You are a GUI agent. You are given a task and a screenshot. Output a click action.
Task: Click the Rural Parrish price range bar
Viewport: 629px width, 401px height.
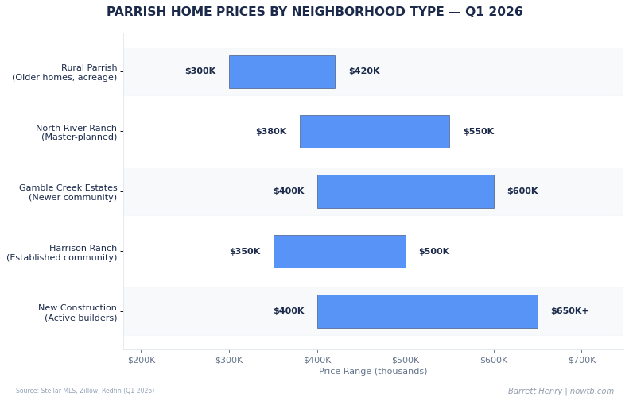pyautogui.click(x=281, y=71)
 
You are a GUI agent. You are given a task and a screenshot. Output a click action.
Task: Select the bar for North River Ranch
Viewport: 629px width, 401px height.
pyautogui.click(x=374, y=132)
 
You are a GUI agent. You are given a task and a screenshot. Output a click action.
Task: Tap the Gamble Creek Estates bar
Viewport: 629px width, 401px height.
pyautogui.click(x=405, y=191)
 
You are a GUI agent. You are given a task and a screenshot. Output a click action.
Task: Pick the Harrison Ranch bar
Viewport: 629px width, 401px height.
pyautogui.click(x=339, y=252)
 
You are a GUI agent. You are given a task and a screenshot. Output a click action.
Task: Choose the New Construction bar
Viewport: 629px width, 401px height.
pyautogui.click(x=427, y=311)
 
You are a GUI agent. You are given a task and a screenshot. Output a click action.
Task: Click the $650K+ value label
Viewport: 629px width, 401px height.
pyautogui.click(x=569, y=311)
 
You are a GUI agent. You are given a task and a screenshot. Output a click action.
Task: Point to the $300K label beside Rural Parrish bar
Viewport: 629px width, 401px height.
pyautogui.click(x=200, y=71)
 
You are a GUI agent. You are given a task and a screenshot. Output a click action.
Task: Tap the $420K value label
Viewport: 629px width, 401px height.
pyautogui.click(x=364, y=71)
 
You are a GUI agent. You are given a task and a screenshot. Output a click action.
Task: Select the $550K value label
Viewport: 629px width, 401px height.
pyautogui.click(x=479, y=132)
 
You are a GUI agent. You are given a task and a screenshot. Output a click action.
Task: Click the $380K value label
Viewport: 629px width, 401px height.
pyautogui.click(x=271, y=132)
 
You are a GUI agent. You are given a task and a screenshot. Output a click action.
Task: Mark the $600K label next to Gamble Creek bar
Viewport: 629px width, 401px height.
pyautogui.click(x=522, y=191)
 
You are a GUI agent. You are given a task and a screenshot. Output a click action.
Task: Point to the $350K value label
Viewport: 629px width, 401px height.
pyautogui.click(x=245, y=252)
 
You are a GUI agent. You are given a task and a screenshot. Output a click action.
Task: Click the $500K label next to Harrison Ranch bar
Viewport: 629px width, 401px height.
pyautogui.click(x=434, y=252)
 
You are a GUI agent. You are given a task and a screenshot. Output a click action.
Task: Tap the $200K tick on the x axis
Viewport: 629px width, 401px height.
pyautogui.click(x=141, y=361)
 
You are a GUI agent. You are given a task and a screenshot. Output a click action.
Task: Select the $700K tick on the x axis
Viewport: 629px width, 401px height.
pyautogui.click(x=581, y=361)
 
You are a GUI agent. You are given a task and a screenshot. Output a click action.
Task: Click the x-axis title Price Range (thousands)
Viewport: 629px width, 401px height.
pyautogui.click(x=373, y=372)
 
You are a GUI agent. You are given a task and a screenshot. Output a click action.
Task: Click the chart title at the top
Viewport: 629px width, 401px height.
pyautogui.click(x=315, y=13)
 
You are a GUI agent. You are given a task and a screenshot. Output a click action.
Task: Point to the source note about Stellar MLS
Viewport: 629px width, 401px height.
pyautogui.click(x=85, y=391)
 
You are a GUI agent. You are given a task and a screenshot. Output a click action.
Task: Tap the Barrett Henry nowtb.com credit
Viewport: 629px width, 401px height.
pyautogui.click(x=561, y=391)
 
